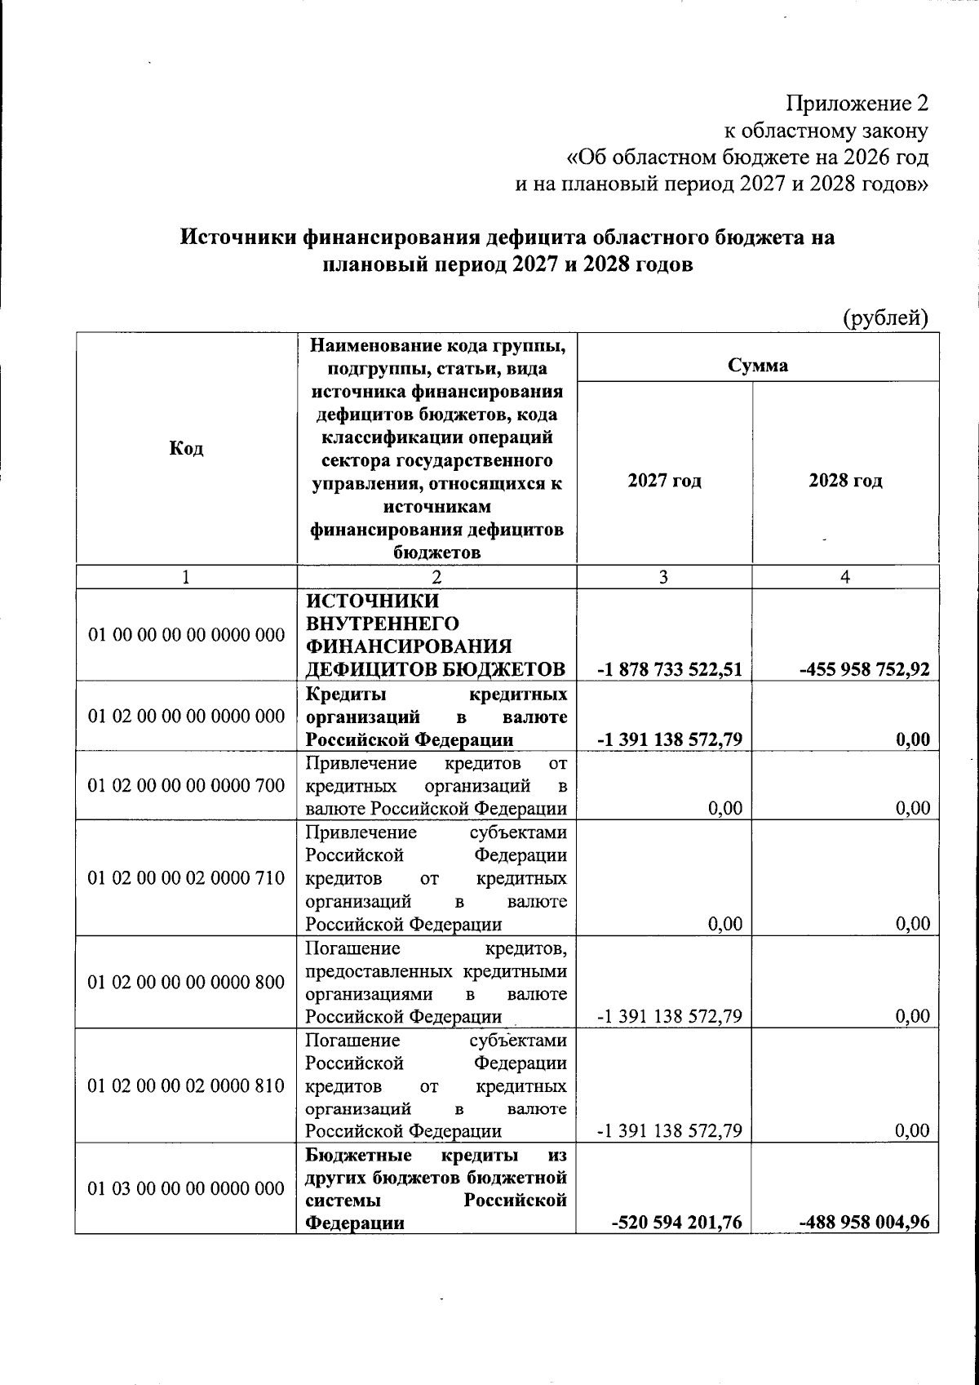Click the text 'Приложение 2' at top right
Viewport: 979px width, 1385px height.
click(857, 103)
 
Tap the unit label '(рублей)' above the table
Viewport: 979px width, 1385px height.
click(885, 317)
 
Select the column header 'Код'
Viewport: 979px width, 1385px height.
click(186, 448)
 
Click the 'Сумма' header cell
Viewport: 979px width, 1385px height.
click(758, 365)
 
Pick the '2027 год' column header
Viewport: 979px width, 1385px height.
click(664, 481)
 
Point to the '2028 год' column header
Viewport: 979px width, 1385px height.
click(845, 481)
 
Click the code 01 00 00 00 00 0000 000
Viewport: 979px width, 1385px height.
click(186, 635)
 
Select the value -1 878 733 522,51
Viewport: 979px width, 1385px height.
click(670, 670)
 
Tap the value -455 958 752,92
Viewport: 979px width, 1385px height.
click(865, 670)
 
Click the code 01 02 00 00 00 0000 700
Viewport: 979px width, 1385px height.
click(186, 785)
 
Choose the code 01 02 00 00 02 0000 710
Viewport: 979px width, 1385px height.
click(186, 878)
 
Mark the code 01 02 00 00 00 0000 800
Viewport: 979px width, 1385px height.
click(186, 982)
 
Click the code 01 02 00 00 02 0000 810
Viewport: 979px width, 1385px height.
click(186, 1085)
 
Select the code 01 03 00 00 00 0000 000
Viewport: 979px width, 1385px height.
click(186, 1188)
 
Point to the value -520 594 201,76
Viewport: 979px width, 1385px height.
click(674, 1223)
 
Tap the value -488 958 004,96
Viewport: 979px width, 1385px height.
click(865, 1223)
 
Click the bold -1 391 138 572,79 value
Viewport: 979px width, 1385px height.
click(670, 740)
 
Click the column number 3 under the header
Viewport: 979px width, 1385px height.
click(664, 576)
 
